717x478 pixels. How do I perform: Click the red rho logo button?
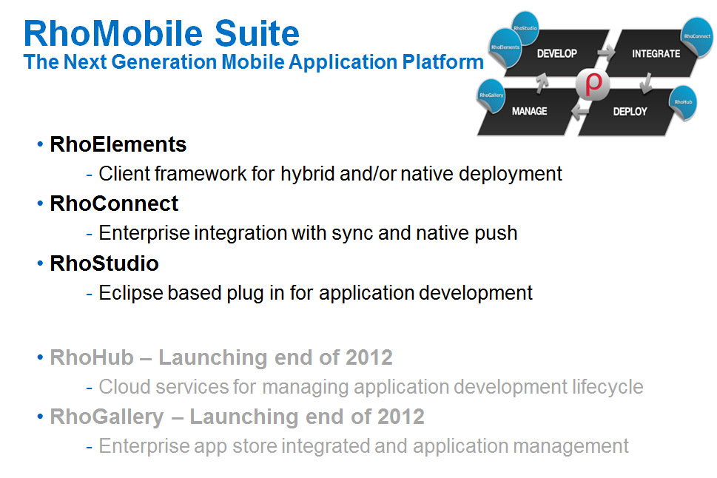(593, 84)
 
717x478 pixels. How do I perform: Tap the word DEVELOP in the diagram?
(556, 53)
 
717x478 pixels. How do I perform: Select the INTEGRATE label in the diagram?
(656, 53)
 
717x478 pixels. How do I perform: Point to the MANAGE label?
(529, 111)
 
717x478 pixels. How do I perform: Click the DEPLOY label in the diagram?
(630, 112)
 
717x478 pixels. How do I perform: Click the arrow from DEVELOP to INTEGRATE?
(606, 53)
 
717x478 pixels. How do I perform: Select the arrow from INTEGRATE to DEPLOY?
(646, 84)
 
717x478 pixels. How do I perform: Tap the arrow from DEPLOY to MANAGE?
(580, 112)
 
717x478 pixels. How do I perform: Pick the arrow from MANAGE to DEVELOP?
(542, 84)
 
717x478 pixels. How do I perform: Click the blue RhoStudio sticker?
(525, 27)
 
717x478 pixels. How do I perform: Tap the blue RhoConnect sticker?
(696, 36)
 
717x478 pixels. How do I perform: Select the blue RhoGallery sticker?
(491, 95)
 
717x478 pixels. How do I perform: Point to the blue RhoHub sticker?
(683, 102)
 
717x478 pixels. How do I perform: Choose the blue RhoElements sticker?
(505, 47)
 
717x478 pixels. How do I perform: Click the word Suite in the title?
(257, 33)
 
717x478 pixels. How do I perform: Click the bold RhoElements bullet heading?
(118, 144)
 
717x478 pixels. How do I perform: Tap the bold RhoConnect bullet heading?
(114, 203)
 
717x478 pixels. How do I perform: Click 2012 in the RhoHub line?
(368, 357)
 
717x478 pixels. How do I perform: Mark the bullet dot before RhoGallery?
(40, 417)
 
